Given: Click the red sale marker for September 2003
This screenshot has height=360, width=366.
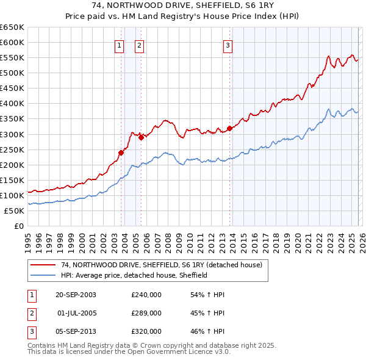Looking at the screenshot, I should (x=121, y=153).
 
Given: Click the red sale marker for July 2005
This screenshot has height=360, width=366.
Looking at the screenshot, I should (x=140, y=137).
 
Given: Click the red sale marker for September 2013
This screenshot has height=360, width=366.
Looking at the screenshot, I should (x=229, y=128).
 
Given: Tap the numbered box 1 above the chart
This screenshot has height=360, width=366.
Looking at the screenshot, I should (x=119, y=45).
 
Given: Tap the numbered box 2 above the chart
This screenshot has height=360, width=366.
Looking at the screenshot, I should (x=139, y=45).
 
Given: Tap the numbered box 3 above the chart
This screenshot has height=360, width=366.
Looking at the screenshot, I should (x=228, y=45).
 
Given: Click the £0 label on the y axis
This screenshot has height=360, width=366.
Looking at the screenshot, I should (x=18, y=226).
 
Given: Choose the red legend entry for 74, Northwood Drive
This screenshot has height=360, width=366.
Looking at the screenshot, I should (x=161, y=265).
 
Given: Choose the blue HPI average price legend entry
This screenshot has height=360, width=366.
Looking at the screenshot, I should (x=134, y=275).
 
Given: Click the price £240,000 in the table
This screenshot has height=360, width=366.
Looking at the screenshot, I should (x=146, y=295).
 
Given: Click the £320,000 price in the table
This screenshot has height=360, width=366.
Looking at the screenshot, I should (x=146, y=331).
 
